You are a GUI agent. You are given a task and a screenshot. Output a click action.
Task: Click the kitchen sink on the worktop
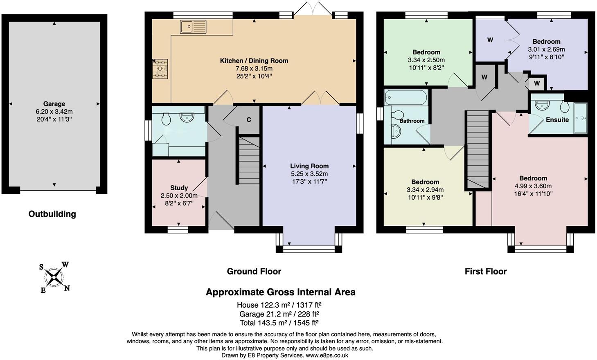(193, 27)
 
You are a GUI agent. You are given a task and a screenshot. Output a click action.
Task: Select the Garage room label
(54, 104)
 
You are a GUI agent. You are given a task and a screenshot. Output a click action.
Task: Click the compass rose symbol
(54, 277)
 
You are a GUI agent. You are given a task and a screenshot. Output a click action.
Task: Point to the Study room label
(179, 188)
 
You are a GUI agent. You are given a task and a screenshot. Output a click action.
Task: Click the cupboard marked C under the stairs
(248, 120)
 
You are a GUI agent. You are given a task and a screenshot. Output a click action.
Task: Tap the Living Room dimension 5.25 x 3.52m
(309, 174)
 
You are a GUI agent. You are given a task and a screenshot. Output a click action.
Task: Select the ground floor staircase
(249, 161)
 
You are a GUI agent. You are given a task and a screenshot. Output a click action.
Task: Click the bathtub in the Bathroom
(406, 98)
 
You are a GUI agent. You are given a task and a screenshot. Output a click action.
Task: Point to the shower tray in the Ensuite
(580, 118)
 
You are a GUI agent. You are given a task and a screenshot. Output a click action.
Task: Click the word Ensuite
(557, 120)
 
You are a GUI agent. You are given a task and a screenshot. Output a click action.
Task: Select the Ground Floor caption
(254, 271)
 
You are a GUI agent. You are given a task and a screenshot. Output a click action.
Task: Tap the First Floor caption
(485, 271)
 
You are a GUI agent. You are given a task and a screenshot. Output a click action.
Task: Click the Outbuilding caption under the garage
(52, 214)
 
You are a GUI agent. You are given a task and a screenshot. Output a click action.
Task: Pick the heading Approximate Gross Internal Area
(280, 292)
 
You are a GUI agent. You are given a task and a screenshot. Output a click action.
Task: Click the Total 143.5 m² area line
(279, 323)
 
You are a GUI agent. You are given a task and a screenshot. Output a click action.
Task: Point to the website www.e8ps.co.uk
(327, 355)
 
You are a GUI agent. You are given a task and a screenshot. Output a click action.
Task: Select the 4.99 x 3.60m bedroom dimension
(533, 186)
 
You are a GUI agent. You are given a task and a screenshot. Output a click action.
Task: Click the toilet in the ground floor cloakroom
(166, 119)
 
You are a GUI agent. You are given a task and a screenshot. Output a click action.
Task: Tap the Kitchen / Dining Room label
(254, 61)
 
